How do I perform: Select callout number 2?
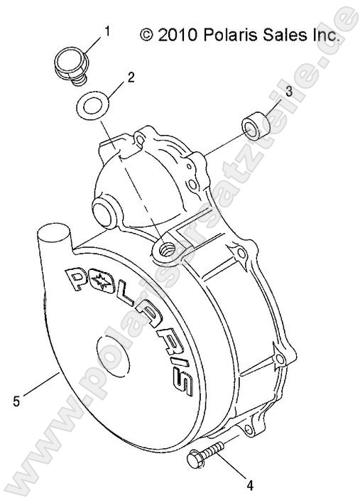tap(131, 77)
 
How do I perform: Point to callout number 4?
tap(249, 485)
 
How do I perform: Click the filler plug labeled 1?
tap(70, 62)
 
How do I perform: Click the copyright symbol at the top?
tap(146, 34)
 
